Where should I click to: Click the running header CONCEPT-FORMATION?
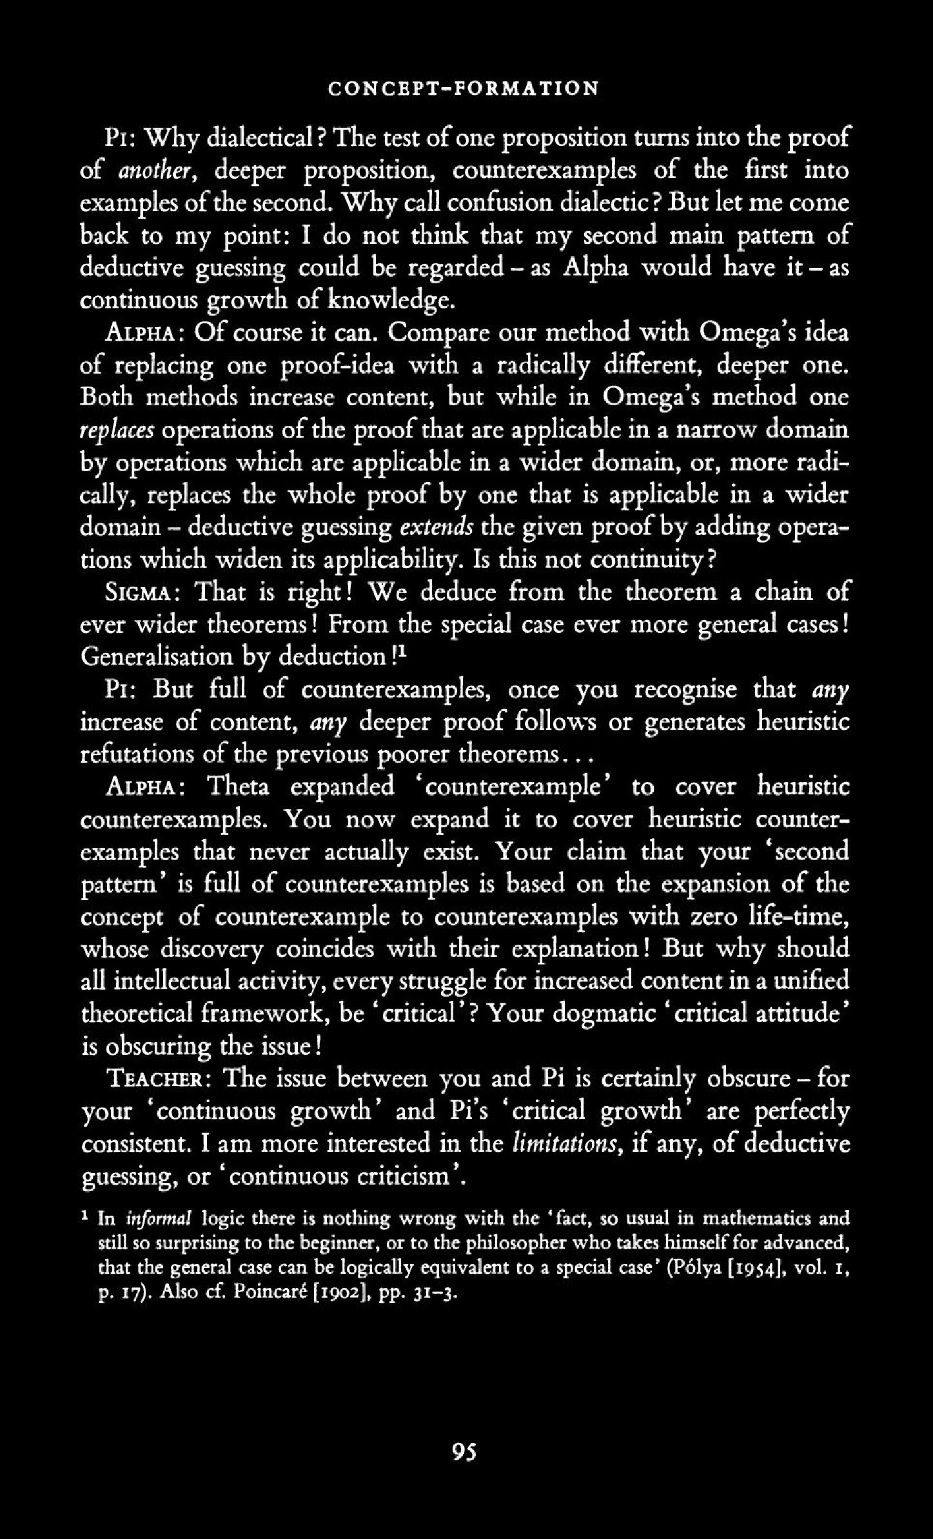click(463, 88)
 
